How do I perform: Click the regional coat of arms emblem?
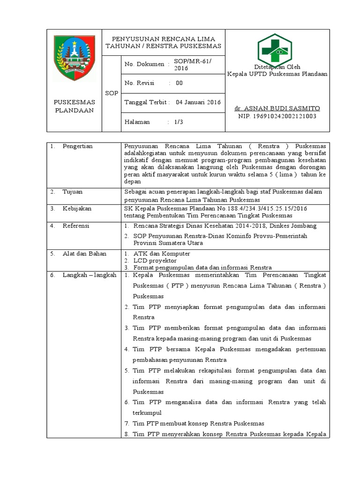point(75,58)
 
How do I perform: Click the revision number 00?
point(179,83)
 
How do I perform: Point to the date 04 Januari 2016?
point(198,102)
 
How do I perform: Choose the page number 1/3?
point(179,122)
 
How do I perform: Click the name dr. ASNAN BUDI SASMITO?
point(277,108)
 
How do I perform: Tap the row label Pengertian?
point(77,146)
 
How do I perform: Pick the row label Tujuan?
point(73,192)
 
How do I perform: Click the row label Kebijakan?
point(77,208)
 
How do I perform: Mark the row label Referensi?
point(76,225)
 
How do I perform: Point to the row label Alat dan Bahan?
point(84,254)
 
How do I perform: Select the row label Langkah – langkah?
point(89,275)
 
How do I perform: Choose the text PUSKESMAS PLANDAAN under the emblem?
point(75,106)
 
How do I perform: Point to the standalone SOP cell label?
point(112,93)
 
